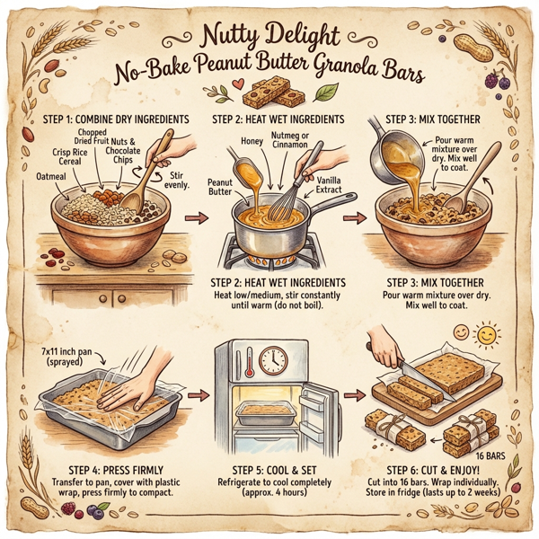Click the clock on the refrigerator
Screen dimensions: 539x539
click(269, 361)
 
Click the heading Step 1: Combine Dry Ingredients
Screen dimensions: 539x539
click(110, 120)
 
